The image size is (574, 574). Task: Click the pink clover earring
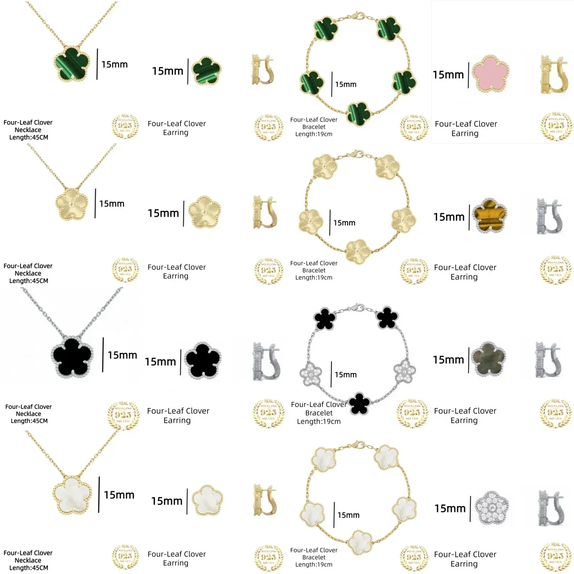click(x=490, y=73)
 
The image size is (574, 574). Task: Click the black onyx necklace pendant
click(x=72, y=356)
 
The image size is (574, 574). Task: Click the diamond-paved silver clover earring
click(x=491, y=507)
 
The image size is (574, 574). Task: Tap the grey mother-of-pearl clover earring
click(x=488, y=359)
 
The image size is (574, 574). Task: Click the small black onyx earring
click(x=203, y=361)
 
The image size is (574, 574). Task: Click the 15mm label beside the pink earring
click(x=448, y=75)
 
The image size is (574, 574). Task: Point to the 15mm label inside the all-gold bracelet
click(x=344, y=223)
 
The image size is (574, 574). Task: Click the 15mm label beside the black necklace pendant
click(x=122, y=355)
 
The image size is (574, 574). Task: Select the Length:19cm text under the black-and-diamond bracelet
click(x=319, y=421)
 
